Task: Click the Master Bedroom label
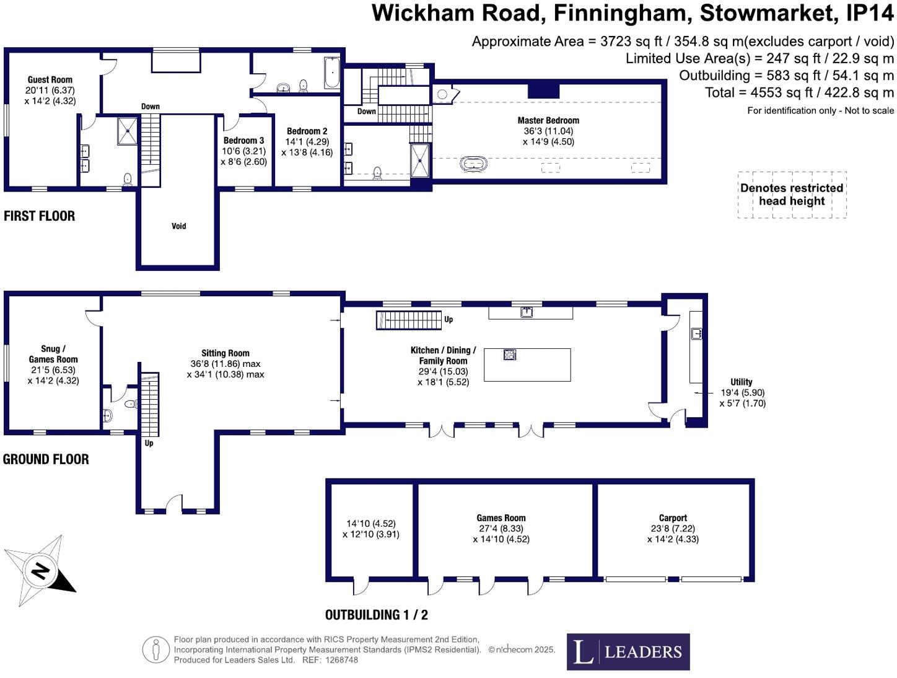tap(548, 121)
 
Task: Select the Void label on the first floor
tap(178, 226)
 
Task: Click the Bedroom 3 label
tap(243, 141)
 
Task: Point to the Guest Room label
tap(50, 80)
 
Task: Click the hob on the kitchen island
tap(510, 354)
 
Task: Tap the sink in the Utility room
tap(696, 333)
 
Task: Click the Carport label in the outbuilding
tap(673, 518)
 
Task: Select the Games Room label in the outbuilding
tap(501, 518)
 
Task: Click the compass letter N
tap(40, 570)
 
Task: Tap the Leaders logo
tap(628, 651)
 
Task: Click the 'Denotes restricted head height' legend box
tap(792, 195)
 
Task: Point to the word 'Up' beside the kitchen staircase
tap(448, 320)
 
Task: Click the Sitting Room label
tap(225, 353)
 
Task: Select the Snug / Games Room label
tap(53, 354)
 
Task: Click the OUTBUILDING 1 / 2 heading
tap(376, 615)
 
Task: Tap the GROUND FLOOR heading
tap(46, 459)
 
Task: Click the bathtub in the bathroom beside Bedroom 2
tap(331, 74)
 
